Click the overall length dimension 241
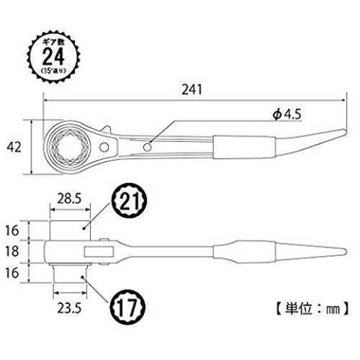tap(192, 89)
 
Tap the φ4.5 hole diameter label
tap(287, 114)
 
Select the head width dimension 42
tap(14, 147)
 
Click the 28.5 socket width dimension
tap(69, 199)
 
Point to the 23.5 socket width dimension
tap(69, 308)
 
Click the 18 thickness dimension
tap(12, 251)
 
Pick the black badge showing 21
tap(129, 201)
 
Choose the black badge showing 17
tap(127, 307)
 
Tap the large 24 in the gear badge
tap(53, 57)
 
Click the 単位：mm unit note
tap(312, 308)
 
